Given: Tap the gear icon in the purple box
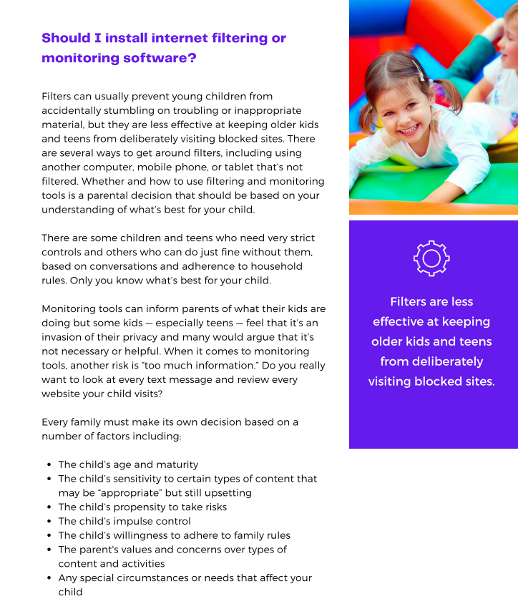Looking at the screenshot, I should coord(431,259).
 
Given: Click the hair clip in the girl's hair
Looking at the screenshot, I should coord(419,71).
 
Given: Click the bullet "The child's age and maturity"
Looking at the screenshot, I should coord(128,464).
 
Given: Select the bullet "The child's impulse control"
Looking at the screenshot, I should coord(124,521).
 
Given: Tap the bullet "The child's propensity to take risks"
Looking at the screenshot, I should coord(142,507).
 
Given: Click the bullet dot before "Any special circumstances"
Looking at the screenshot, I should coord(48,578).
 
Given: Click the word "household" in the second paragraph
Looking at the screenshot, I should coord(274,266).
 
